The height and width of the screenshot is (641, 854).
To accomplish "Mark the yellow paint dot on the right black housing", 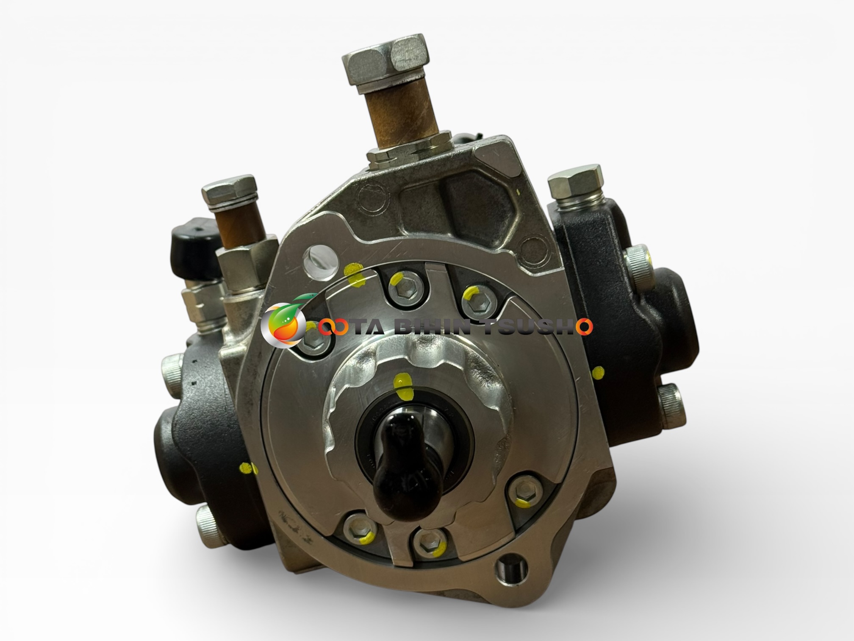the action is coord(597,373).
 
